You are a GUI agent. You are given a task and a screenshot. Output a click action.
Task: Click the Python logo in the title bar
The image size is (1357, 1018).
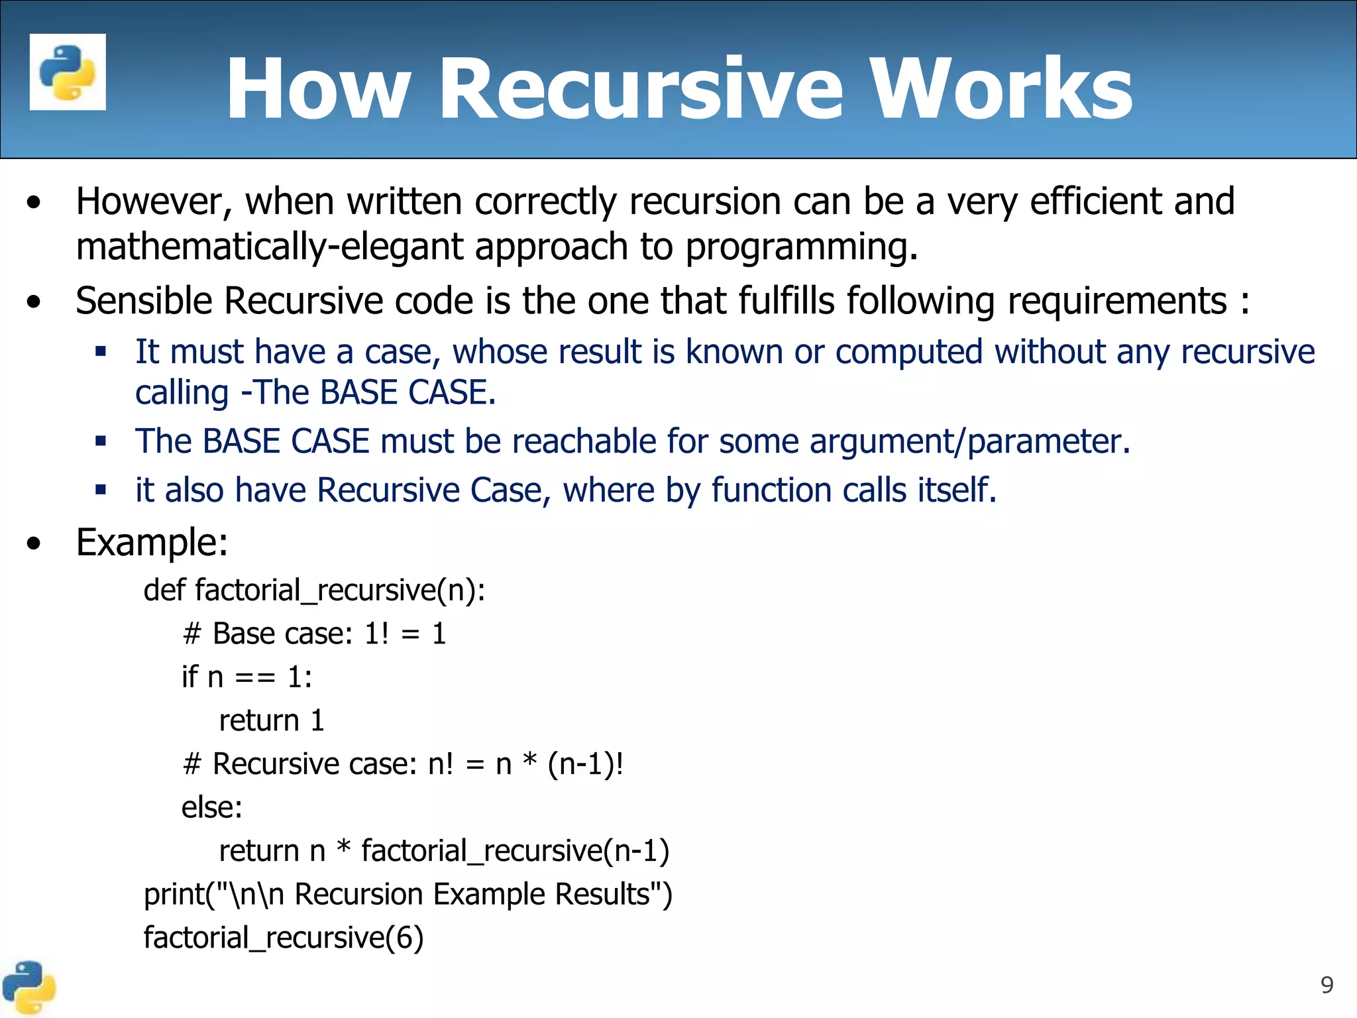click(68, 72)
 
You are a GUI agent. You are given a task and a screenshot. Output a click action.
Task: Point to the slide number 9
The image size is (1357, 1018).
click(1327, 985)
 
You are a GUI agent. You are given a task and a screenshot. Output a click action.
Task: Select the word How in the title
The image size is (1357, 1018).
click(317, 89)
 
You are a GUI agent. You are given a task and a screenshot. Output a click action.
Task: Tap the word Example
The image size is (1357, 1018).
click(152, 543)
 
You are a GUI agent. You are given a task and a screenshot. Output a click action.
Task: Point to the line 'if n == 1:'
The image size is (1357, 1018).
click(246, 677)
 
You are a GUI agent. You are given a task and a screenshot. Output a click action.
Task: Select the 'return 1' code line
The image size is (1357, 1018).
click(272, 720)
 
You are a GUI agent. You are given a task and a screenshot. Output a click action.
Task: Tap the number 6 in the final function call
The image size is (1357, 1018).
click(404, 938)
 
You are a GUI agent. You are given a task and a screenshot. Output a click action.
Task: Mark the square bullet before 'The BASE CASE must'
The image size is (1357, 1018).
click(101, 441)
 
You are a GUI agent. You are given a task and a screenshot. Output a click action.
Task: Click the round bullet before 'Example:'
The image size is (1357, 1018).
click(34, 544)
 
